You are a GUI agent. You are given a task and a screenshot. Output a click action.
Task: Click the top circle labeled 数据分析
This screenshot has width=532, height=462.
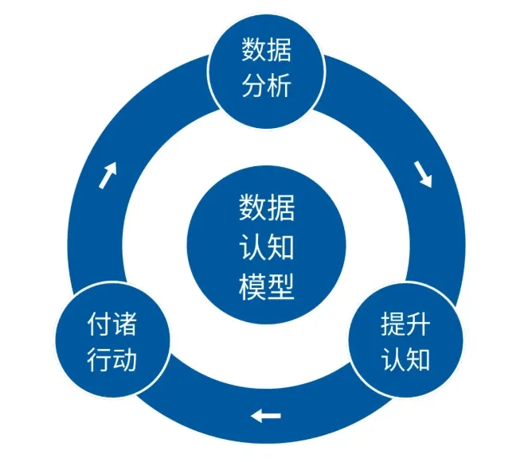click(266, 69)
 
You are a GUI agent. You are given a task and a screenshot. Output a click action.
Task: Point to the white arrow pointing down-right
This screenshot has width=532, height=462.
click(423, 175)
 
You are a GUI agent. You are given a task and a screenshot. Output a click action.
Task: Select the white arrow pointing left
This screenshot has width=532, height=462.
click(266, 414)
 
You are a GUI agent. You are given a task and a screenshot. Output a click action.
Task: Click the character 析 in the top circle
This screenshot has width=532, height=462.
click(280, 84)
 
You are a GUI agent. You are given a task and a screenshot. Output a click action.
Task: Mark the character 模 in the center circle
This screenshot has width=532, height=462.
click(252, 285)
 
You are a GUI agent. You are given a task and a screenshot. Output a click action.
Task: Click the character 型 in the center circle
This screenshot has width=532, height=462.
click(280, 285)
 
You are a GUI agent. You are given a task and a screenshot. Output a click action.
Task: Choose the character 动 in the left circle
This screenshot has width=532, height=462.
click(125, 359)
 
